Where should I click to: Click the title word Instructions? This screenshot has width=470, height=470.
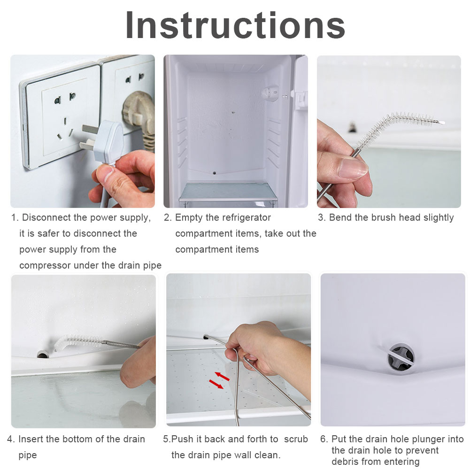coord(235,25)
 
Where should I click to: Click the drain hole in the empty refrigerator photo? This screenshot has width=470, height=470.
coord(214,173)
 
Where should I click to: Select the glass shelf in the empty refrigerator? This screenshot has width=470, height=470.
coord(228,192)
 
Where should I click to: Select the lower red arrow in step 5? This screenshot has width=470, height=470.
coord(216,384)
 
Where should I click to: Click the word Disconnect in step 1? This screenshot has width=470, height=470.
coord(46,217)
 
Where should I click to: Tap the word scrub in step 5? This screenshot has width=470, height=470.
coord(296,439)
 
